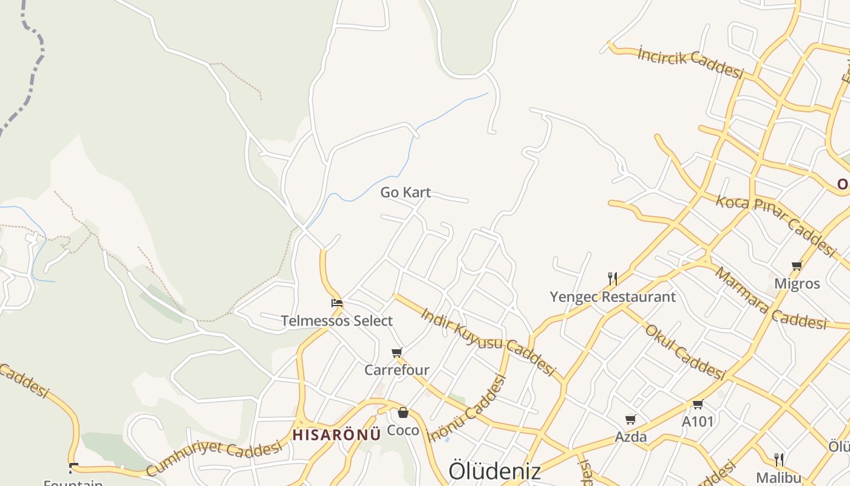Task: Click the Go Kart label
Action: [406, 193]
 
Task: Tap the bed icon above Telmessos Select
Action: [337, 303]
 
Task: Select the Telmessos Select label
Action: [337, 321]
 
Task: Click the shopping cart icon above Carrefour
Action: [397, 352]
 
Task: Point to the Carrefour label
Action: [397, 370]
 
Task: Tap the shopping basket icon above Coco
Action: [403, 413]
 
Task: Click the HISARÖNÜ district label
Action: [336, 435]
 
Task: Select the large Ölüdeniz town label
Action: [494, 471]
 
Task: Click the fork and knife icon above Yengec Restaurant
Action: [613, 279]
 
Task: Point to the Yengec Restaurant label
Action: [613, 297]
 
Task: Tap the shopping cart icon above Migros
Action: [797, 265]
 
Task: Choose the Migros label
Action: [797, 284]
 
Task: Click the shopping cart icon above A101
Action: [698, 404]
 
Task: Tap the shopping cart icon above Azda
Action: [631, 419]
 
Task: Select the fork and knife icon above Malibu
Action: [779, 459]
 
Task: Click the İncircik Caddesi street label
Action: [691, 63]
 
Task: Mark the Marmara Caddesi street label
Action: [770, 298]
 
